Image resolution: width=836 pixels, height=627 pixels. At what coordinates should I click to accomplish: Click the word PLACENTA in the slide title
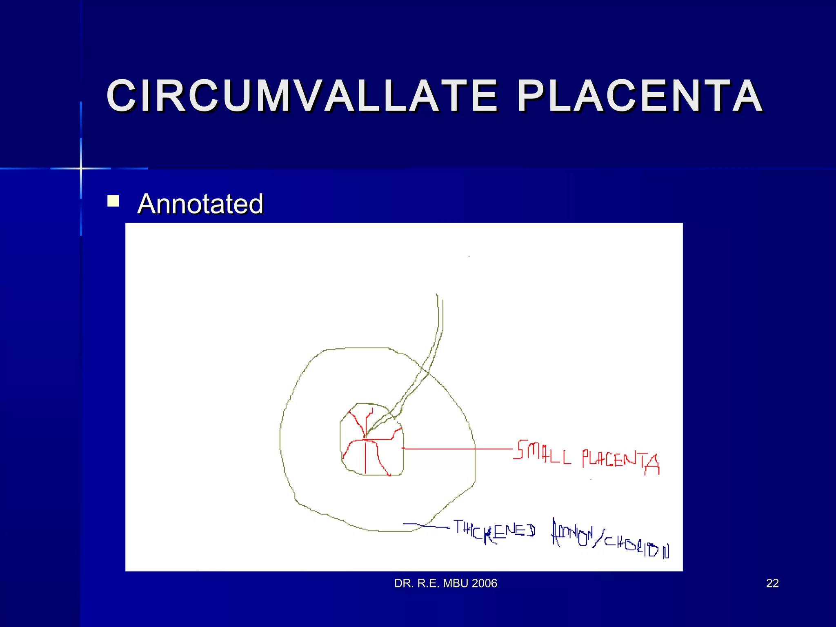pyautogui.click(x=640, y=96)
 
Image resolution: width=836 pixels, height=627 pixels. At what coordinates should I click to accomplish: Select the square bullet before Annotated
pyautogui.click(x=113, y=201)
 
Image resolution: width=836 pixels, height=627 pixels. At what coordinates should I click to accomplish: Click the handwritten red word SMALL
pyautogui.click(x=542, y=452)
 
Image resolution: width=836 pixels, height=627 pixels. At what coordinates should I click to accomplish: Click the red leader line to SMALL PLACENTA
pyautogui.click(x=457, y=449)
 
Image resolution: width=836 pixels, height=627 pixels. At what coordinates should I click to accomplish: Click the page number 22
pyautogui.click(x=772, y=583)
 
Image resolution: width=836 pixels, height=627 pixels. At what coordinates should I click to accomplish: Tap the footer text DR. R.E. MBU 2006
pyautogui.click(x=445, y=583)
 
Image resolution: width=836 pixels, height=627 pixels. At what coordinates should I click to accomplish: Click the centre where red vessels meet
pyautogui.click(x=365, y=439)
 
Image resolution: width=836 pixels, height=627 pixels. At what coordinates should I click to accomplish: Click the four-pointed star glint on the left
pyautogui.click(x=81, y=168)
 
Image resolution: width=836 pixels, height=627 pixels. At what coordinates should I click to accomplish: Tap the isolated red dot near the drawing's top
pyautogui.click(x=469, y=256)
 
